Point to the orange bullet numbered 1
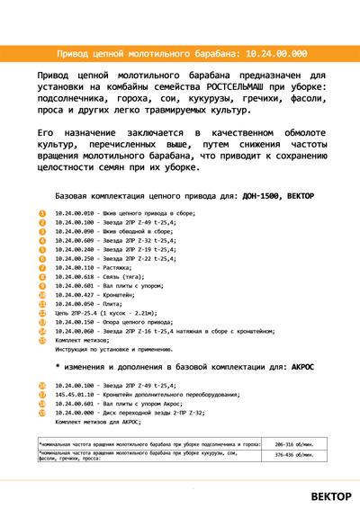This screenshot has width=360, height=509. click(42, 213)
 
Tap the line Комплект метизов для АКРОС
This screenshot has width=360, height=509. click(98, 421)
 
